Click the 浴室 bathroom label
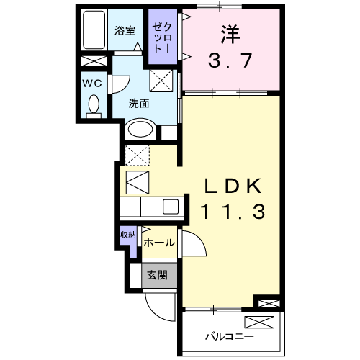[x=125, y=30]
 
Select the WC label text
[x=91, y=84]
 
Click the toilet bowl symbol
[x=93, y=106]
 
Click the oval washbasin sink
[x=140, y=130]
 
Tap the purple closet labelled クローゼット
[x=160, y=37]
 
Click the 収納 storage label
[x=127, y=235]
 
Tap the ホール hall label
[x=158, y=243]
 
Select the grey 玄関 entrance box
[x=158, y=275]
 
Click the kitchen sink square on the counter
[x=171, y=207]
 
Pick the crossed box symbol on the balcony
[x=259, y=322]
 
